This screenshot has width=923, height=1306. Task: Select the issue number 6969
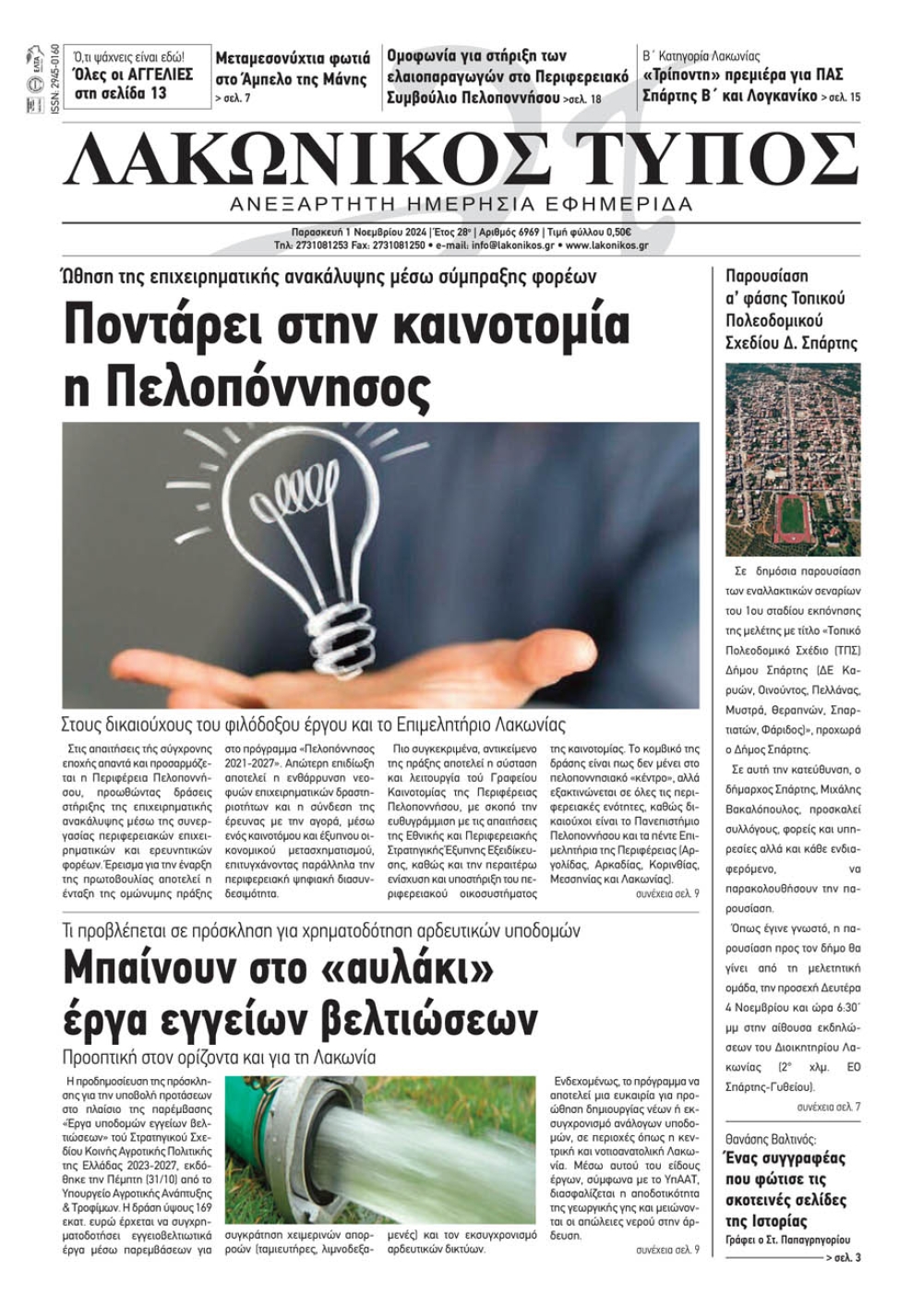pos(526,233)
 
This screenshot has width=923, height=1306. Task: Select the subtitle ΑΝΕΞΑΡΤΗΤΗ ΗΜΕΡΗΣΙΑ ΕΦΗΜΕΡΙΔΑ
pos(461,203)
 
